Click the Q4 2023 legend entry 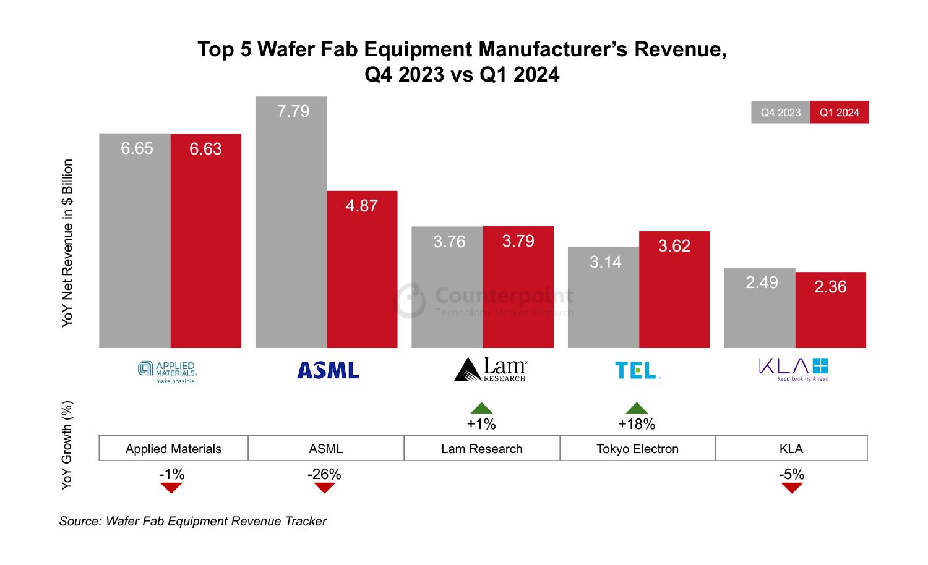tap(780, 113)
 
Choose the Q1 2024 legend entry tap(839, 113)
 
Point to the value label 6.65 tap(137, 148)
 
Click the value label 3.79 tap(518, 241)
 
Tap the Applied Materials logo tap(168, 372)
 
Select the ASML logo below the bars tap(328, 370)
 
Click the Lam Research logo tap(491, 370)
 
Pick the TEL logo tap(637, 370)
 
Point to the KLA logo tap(793, 369)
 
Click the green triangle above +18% tap(637, 408)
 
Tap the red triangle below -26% tap(324, 488)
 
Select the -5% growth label tap(791, 474)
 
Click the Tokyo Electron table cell tap(637, 449)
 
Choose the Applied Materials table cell tap(173, 449)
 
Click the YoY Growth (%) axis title tap(67, 445)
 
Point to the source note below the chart tap(193, 521)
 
